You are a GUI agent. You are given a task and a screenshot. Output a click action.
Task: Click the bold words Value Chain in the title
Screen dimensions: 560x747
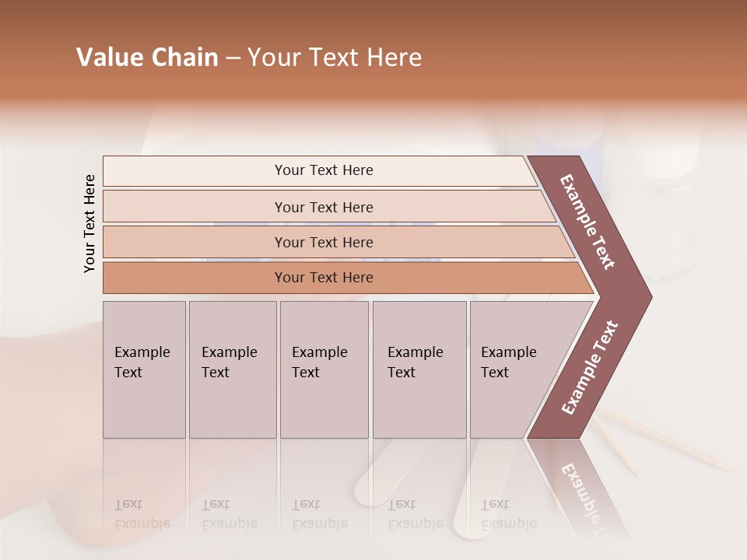tap(147, 58)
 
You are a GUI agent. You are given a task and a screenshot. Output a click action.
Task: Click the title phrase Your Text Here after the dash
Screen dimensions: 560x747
tap(335, 58)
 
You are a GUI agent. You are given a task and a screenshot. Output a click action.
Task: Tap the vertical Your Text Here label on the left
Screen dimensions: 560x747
tap(89, 223)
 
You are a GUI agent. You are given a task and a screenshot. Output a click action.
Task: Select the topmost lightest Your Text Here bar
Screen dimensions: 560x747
tap(323, 170)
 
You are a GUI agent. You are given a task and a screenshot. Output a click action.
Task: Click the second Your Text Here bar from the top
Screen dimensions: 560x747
tap(323, 207)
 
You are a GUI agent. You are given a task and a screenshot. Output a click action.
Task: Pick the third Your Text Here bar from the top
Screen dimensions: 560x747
tap(323, 242)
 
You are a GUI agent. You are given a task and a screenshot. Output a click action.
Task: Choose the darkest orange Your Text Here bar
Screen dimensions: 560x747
tap(323, 278)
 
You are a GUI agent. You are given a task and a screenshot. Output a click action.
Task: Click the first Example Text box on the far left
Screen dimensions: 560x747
tap(144, 369)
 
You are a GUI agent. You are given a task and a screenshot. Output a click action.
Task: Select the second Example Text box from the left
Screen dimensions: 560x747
tap(232, 369)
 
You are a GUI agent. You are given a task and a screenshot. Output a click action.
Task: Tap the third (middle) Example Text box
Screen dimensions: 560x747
tap(323, 369)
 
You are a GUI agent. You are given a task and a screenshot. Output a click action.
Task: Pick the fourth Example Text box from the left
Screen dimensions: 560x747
tap(419, 369)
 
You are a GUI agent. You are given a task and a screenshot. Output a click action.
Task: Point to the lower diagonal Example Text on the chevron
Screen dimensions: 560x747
tap(590, 368)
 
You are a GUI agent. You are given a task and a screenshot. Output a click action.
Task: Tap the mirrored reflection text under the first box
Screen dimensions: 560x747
tap(142, 514)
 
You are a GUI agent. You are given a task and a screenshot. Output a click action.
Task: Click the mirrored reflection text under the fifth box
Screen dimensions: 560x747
tap(508, 514)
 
